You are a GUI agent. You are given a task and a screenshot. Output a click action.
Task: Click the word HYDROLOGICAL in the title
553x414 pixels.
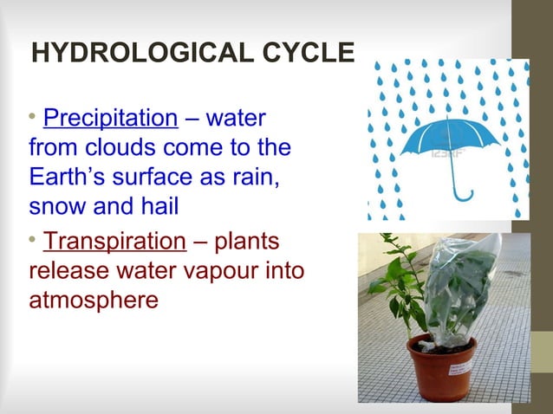click(146, 54)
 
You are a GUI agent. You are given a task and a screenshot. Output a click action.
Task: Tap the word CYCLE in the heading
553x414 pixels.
click(311, 54)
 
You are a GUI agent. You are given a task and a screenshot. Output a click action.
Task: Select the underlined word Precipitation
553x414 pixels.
click(109, 118)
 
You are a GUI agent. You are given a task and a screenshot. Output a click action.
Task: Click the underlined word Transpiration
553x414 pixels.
click(114, 242)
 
